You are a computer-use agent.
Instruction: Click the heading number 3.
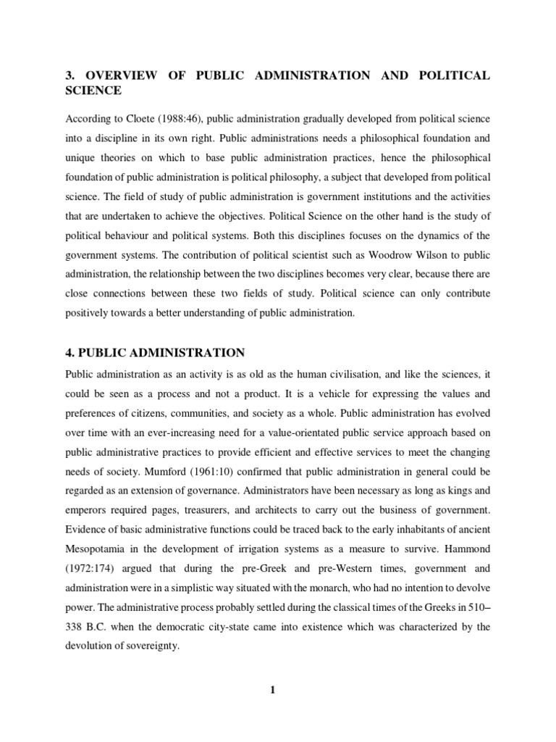[x=70, y=76]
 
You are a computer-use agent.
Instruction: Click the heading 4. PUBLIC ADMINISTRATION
[x=155, y=353]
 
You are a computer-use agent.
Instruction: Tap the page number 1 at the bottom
[x=273, y=689]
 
